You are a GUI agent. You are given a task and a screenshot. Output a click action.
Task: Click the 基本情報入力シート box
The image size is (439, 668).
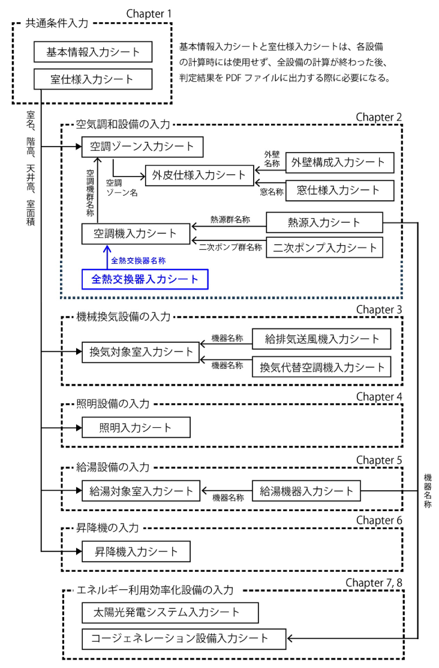pyautogui.click(x=94, y=52)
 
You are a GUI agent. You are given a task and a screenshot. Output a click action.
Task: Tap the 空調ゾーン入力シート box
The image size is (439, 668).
pyautogui.click(x=143, y=147)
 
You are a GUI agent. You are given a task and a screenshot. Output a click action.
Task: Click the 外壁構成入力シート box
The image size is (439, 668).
pyautogui.click(x=339, y=162)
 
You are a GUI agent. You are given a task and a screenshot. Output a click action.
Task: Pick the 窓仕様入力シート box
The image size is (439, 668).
pyautogui.click(x=339, y=190)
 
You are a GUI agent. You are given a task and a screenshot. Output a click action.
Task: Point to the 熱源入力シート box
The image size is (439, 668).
pyautogui.click(x=324, y=223)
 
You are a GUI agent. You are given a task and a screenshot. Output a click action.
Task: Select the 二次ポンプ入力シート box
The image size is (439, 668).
pyautogui.click(x=324, y=247)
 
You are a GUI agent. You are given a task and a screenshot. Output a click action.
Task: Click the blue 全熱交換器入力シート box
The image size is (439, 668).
pyautogui.click(x=145, y=279)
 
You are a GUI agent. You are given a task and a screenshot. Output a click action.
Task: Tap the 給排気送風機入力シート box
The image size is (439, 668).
pyautogui.click(x=321, y=339)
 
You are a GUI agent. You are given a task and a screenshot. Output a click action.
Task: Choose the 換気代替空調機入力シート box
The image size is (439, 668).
pyautogui.click(x=321, y=365)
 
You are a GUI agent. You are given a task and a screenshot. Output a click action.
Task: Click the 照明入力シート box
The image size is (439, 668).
pyautogui.click(x=136, y=428)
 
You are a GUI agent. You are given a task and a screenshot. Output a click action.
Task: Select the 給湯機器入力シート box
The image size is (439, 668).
pyautogui.click(x=306, y=491)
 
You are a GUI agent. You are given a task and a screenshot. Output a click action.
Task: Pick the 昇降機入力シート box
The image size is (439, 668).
pyautogui.click(x=136, y=550)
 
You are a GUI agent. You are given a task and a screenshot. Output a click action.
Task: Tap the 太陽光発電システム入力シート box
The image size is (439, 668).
pyautogui.click(x=170, y=612)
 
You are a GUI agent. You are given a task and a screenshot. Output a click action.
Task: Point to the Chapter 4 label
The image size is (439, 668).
pyautogui.click(x=378, y=397)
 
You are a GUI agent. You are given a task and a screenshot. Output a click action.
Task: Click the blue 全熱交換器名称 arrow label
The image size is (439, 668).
pyautogui.click(x=138, y=260)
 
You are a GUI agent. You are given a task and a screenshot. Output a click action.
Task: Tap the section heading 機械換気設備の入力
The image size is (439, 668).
pyautogui.click(x=124, y=315)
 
